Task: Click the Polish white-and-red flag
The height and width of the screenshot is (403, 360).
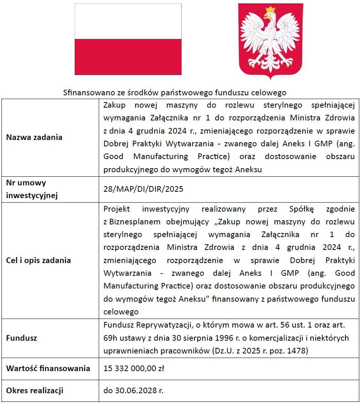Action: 128,39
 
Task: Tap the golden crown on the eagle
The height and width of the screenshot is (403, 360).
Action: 270,10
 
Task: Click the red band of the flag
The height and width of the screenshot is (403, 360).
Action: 128,57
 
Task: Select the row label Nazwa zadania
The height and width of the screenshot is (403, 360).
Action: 34,137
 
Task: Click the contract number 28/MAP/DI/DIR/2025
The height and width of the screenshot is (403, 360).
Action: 143,189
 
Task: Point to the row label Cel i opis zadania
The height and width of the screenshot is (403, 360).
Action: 38,260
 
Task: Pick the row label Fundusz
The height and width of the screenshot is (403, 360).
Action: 21,338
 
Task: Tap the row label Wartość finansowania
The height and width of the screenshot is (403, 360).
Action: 48,368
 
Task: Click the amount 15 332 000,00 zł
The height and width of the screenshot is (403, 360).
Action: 134,368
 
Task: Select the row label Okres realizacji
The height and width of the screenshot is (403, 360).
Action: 35,391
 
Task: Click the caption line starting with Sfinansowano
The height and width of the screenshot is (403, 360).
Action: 175,92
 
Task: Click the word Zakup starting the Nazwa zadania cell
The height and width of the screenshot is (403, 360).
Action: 114,105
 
